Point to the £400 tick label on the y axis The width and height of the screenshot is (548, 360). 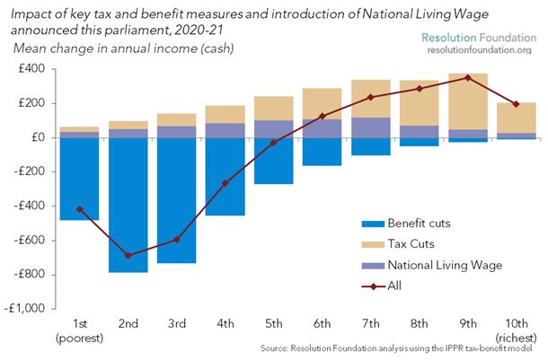pyautogui.click(x=30, y=69)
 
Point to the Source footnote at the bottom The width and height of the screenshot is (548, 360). pyautogui.click(x=403, y=347)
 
